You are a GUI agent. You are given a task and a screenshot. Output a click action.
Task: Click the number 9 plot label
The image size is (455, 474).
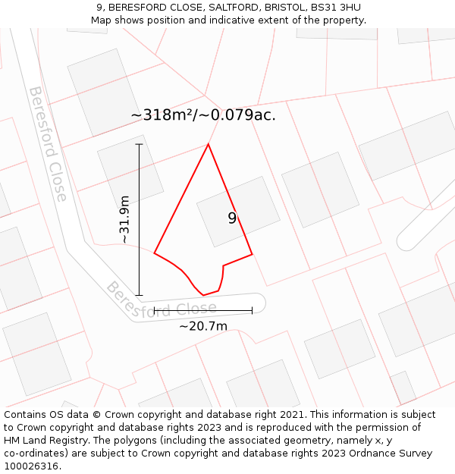coord(232,218)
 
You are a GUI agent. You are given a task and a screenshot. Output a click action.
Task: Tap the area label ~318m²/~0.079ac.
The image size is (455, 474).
coord(203,115)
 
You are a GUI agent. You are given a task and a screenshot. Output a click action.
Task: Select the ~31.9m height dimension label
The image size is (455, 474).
coord(125,219)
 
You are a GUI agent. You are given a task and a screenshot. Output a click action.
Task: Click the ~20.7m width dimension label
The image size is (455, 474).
coord(203,327)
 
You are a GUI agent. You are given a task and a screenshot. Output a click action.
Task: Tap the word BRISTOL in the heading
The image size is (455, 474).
coord(284,8)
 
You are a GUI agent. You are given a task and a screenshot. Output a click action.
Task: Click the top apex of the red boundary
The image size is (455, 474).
coord(209,144)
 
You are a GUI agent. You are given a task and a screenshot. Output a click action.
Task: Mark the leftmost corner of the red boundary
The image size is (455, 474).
coord(154,253)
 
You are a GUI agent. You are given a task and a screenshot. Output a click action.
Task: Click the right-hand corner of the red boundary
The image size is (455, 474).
coord(252,254)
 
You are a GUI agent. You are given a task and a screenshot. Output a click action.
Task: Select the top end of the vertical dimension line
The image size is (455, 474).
coord(139,144)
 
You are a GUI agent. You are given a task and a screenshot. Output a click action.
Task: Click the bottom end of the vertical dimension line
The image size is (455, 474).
coord(139,295)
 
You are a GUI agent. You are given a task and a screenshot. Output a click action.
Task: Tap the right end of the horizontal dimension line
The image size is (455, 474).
coord(252,310)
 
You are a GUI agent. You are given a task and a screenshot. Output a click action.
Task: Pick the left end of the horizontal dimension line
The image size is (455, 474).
coord(154,310)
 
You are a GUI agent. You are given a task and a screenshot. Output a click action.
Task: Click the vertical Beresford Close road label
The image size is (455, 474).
coord(48,144)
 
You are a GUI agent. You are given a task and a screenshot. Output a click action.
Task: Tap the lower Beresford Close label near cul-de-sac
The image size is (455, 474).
coord(161,302)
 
